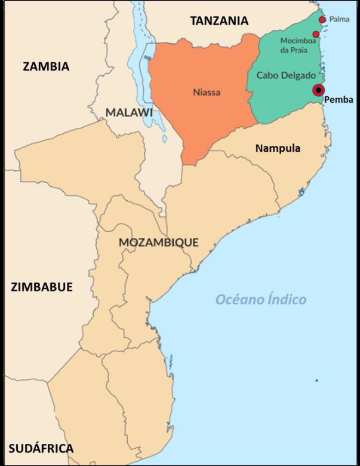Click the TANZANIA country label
point(219,21)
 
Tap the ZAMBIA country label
point(46,66)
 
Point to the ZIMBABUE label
point(42,287)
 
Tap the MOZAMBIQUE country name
point(158,243)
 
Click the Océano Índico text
point(261,299)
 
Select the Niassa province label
point(207,93)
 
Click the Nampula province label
point(278,148)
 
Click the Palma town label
point(338,20)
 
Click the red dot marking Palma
point(322,20)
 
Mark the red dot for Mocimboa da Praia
point(316,34)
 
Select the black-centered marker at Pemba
point(318,90)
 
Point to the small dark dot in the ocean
point(317,381)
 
